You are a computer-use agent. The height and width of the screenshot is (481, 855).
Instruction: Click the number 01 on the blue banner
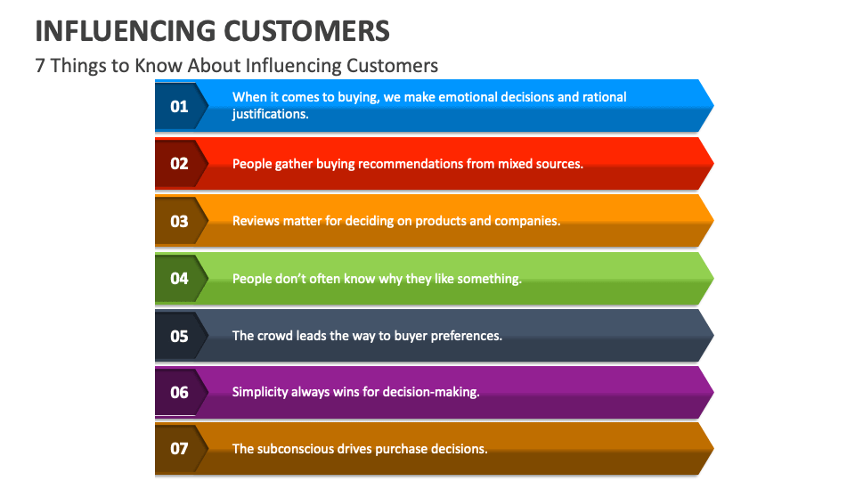pos(179,106)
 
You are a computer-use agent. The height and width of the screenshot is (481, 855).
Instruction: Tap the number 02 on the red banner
pos(179,164)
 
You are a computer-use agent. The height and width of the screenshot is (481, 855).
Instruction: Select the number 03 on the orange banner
pos(179,221)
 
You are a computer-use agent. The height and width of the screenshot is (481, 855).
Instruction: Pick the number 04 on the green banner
pos(179,279)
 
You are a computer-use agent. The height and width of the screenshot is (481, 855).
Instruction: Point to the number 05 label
pos(179,337)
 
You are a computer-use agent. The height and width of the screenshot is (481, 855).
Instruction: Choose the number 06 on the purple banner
pos(179,392)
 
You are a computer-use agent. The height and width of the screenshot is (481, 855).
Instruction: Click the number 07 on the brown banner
pos(179,449)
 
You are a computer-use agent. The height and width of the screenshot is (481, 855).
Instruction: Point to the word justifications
pos(270,114)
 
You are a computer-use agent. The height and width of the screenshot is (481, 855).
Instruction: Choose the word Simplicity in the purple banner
pos(261,392)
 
